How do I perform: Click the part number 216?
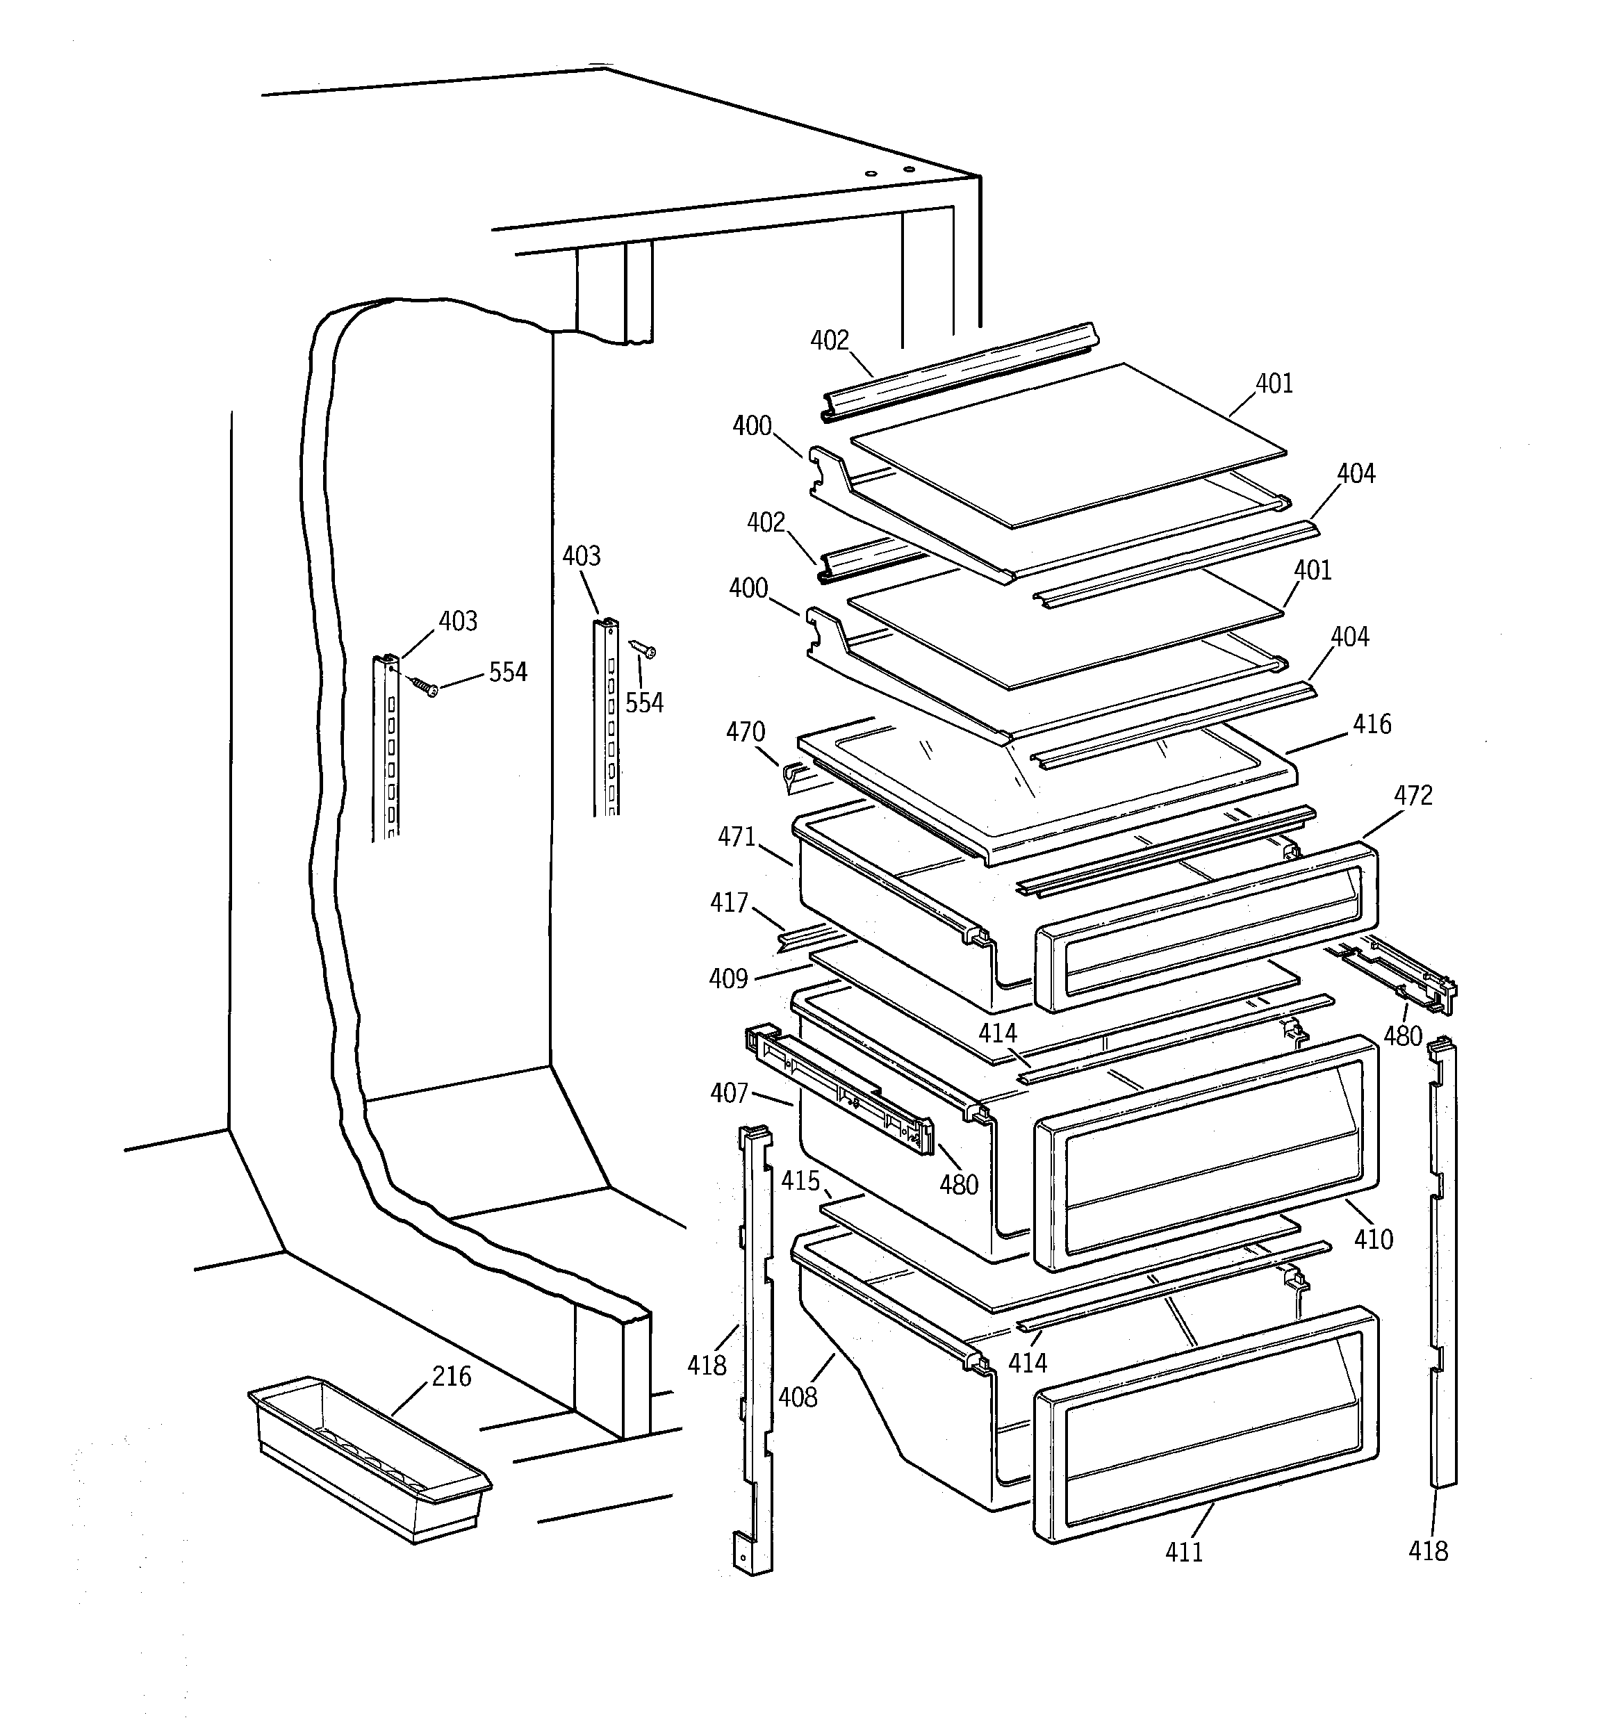point(452,1376)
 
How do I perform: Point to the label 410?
point(1373,1239)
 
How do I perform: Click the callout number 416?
point(1372,724)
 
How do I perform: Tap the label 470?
point(745,732)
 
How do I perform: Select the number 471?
point(737,837)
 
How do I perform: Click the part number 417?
point(729,903)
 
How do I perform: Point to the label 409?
point(727,978)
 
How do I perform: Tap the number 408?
point(797,1396)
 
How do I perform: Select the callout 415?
point(800,1180)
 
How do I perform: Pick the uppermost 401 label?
point(1274,384)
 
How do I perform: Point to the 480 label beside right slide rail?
point(1403,1035)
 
